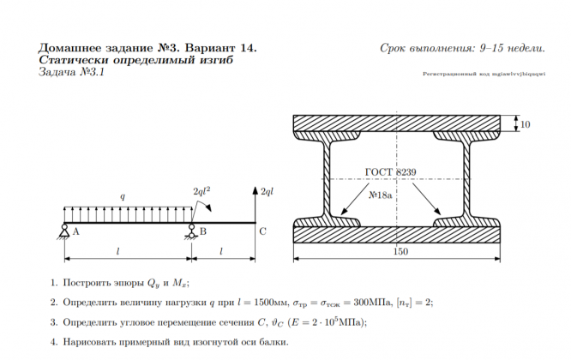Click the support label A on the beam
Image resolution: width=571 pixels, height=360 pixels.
[x=76, y=231]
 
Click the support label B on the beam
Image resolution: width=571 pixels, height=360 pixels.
[x=202, y=231]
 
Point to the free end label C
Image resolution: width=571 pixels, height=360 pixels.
[x=262, y=231]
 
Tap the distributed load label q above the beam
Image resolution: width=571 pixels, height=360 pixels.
[x=123, y=197]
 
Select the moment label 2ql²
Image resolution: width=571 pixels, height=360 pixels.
[x=202, y=192]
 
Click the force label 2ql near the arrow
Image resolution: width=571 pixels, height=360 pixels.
[x=267, y=192]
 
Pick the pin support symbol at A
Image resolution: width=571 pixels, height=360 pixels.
[x=65, y=229]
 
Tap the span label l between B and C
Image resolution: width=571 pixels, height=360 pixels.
[x=223, y=250]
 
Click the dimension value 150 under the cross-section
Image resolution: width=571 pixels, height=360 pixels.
[x=400, y=251]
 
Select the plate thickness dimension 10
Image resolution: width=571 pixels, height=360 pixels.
[x=525, y=125]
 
